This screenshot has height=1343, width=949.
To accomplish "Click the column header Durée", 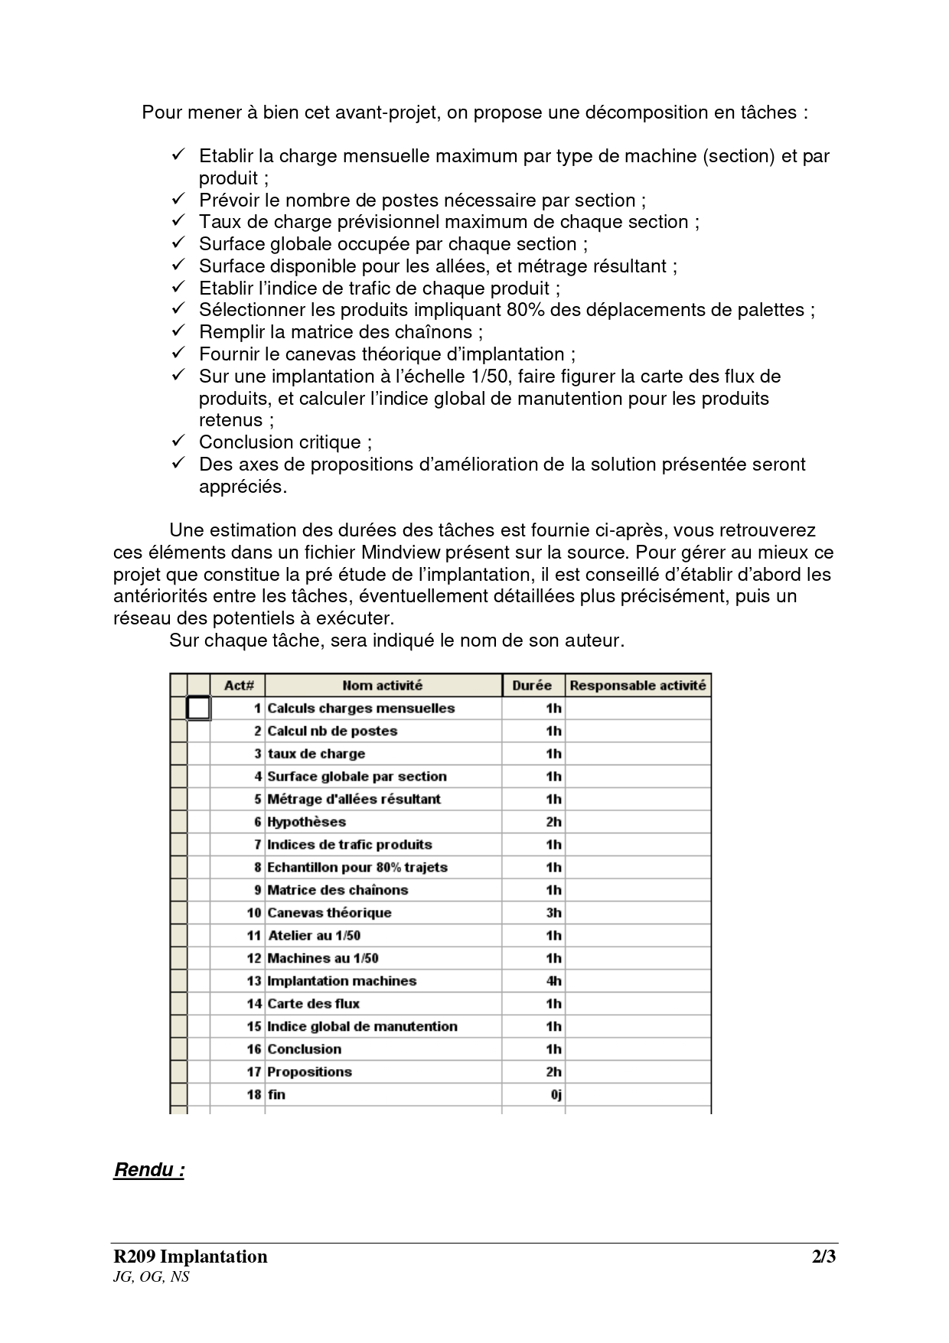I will tap(533, 686).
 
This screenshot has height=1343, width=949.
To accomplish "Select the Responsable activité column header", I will tap(638, 686).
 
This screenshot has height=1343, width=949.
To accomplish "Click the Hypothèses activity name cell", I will tap(306, 822).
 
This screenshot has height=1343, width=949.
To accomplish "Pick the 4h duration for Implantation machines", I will tap(553, 981).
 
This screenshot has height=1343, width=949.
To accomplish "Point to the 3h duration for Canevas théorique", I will tap(553, 913).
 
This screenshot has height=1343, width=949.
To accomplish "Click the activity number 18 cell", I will tap(254, 1095).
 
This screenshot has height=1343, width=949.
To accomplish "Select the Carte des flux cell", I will tap(313, 1004).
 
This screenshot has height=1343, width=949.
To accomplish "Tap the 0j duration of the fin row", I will tap(556, 1095).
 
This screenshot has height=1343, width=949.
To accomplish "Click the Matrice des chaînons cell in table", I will tap(338, 890).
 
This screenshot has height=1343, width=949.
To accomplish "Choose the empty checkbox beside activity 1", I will tap(198, 709).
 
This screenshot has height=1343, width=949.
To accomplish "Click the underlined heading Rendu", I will tap(148, 1170).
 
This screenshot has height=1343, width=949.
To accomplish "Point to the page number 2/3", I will tap(823, 1257).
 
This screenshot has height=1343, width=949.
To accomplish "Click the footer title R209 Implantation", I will tap(191, 1257).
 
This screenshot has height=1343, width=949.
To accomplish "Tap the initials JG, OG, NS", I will tap(151, 1276).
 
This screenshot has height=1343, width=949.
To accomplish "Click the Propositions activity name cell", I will tap(309, 1072).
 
